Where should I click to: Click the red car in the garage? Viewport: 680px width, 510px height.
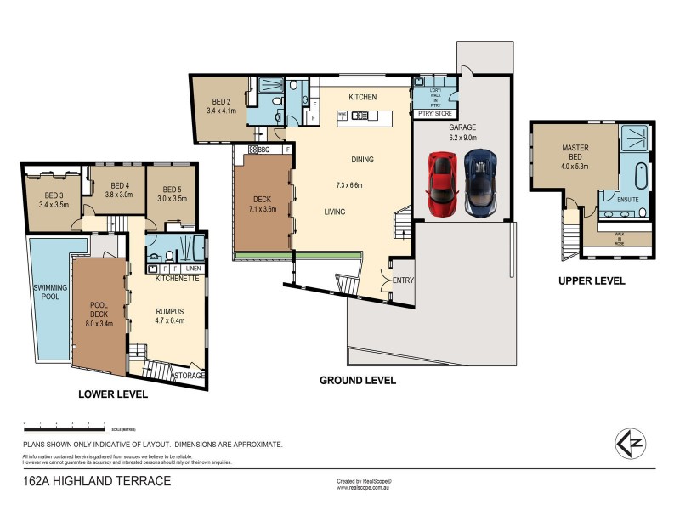(x=442, y=183)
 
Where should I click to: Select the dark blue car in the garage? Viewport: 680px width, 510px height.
(x=480, y=183)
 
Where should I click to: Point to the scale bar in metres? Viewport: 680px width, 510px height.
(x=65, y=424)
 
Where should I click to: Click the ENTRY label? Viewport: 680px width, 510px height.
(x=402, y=280)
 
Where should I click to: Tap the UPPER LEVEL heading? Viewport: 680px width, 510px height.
(x=592, y=280)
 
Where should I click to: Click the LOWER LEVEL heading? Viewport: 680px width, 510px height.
(x=113, y=394)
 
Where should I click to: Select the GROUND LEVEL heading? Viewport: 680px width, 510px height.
(x=357, y=381)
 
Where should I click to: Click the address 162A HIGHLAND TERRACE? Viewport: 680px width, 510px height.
(x=96, y=481)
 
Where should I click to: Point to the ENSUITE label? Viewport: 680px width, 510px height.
(x=615, y=201)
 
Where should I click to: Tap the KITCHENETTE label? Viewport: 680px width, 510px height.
(x=177, y=279)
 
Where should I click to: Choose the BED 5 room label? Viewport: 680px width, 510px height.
(x=173, y=194)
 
